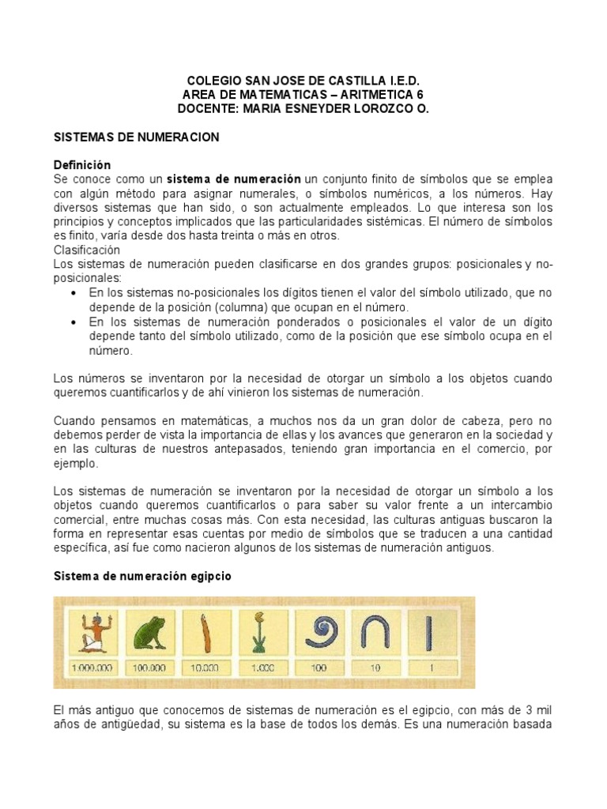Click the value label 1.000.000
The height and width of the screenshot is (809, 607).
[x=92, y=668]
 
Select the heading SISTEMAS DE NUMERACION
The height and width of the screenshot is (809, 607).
[x=135, y=137]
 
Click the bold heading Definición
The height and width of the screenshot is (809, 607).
[x=81, y=165]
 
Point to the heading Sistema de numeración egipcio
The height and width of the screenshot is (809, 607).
[x=142, y=577]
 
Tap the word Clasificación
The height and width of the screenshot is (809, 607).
[x=86, y=250]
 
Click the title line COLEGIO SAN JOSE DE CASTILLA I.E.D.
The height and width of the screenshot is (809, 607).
[x=303, y=81]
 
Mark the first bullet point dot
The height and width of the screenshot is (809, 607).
[x=73, y=293]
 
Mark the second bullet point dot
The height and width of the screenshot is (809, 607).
[x=73, y=322]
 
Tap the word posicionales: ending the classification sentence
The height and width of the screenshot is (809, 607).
[x=87, y=278]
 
